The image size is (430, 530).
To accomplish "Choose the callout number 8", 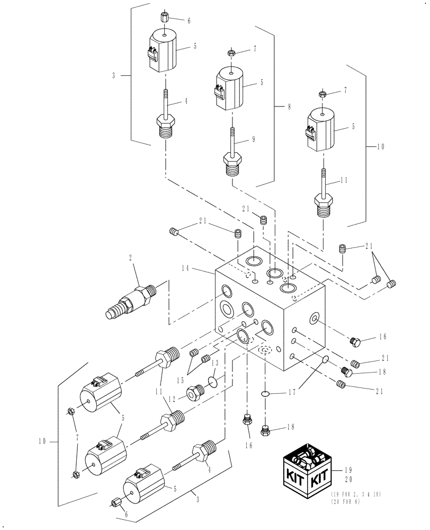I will pyautogui.click(x=289, y=107).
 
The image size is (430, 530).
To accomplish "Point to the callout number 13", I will pyautogui.click(x=213, y=364).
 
